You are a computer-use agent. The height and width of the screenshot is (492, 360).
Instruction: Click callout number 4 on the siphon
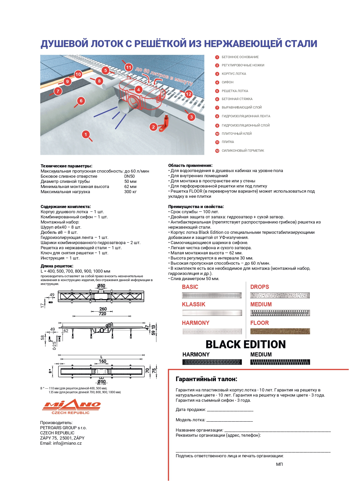coord(138,90)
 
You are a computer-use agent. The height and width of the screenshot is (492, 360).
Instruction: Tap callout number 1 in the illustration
coord(86,134)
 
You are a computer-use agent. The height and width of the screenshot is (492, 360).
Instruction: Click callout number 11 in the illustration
coord(128,68)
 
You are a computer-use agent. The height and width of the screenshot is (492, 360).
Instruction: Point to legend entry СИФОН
coord(227,82)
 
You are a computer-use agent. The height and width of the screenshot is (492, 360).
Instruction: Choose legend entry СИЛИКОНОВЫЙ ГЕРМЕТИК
coord(243,151)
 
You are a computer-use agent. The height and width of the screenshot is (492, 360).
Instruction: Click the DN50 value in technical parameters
coord(129,176)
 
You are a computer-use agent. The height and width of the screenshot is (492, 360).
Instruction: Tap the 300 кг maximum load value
coord(130,192)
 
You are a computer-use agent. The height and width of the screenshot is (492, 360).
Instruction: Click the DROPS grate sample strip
coord(280,295)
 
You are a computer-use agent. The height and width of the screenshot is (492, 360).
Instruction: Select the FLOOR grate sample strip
coord(280,331)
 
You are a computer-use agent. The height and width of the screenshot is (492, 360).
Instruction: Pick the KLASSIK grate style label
coord(194,305)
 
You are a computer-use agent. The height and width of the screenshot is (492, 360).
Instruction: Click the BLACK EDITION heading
coord(245,345)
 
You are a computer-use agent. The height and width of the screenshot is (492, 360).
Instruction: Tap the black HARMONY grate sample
coord(212,362)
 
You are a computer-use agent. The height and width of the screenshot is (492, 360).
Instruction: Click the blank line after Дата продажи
coord(230,410)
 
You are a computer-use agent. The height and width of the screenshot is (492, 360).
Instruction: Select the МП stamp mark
coord(279,464)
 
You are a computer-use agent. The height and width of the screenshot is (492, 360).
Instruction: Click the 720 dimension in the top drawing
coord(102,314)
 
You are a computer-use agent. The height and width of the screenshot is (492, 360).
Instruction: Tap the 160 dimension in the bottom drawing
coord(102,361)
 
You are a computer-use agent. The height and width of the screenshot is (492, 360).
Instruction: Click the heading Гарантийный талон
coord(206,379)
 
